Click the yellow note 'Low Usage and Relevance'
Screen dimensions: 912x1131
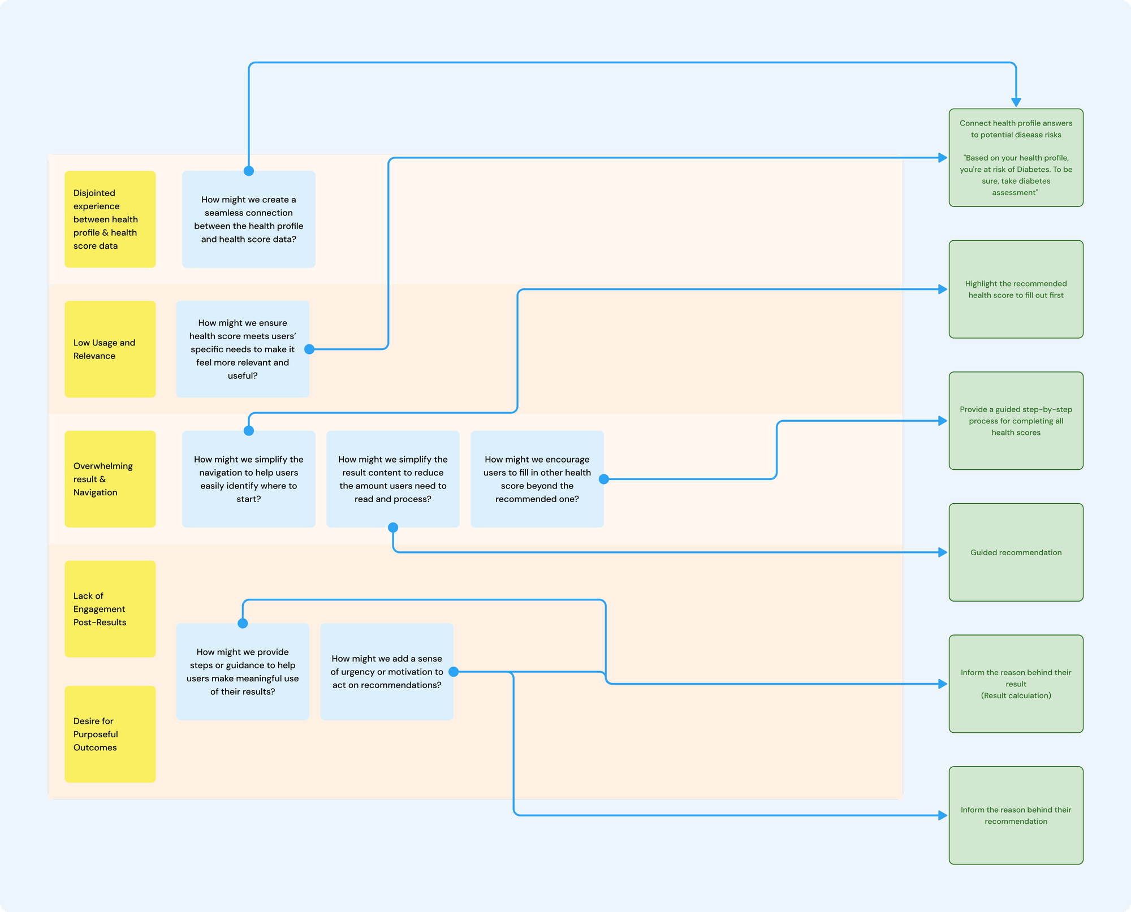click(x=110, y=349)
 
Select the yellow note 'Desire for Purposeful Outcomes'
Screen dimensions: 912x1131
click(x=110, y=734)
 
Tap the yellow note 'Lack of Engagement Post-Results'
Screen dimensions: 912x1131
click(x=110, y=608)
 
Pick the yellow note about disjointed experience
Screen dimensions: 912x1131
click(x=110, y=219)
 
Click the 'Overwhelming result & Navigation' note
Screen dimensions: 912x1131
click(x=110, y=479)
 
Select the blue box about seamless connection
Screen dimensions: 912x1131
click(x=248, y=219)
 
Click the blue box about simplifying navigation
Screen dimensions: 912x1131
click(x=248, y=479)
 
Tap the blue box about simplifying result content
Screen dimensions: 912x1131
click(x=392, y=479)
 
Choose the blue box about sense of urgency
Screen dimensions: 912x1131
click(x=386, y=671)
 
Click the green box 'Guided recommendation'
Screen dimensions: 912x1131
click(x=1016, y=552)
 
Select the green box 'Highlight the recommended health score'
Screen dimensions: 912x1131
click(x=1016, y=289)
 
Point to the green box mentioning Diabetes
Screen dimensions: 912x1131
click(x=1016, y=158)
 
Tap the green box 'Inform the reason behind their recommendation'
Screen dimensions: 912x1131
click(x=1016, y=815)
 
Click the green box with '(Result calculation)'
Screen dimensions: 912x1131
click(x=1016, y=684)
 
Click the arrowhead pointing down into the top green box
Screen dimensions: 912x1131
click(x=1016, y=102)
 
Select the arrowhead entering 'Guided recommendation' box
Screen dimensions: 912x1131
click(x=943, y=552)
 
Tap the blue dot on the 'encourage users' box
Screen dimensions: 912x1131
click(x=603, y=479)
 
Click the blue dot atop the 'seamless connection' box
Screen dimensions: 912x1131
click(x=248, y=171)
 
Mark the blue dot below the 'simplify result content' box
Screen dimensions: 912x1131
click(x=393, y=528)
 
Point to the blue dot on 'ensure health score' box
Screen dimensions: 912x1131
click(x=309, y=349)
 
